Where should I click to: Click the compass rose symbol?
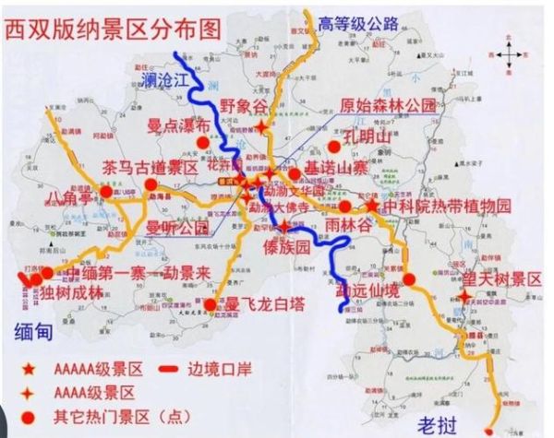(508, 54)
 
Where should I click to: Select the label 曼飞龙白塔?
(262, 303)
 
